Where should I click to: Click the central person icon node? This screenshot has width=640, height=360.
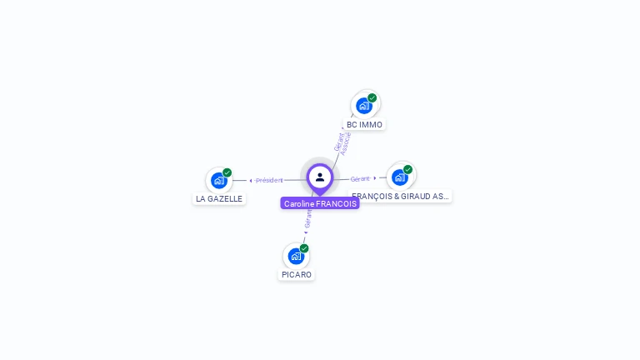click(320, 177)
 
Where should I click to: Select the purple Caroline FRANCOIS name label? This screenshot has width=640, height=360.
click(320, 203)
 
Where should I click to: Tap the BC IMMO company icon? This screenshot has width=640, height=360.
click(363, 106)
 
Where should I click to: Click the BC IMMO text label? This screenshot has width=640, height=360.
click(364, 125)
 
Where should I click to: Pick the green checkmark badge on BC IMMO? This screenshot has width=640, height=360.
click(372, 97)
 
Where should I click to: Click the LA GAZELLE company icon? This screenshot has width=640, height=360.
click(218, 180)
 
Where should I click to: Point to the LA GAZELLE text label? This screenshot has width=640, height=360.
click(219, 199)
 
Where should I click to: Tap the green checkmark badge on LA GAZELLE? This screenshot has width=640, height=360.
click(227, 172)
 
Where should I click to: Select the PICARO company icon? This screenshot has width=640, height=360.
click(296, 256)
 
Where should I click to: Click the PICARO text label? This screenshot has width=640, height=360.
click(297, 275)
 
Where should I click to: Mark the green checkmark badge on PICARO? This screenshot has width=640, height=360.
click(304, 248)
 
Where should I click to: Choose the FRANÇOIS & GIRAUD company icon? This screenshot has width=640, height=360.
click(400, 177)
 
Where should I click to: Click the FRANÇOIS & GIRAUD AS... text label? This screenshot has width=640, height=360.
click(401, 197)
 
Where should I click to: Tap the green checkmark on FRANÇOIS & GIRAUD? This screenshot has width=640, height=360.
click(408, 169)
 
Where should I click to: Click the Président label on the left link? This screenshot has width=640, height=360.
click(270, 180)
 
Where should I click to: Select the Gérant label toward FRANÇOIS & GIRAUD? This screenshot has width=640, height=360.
click(360, 178)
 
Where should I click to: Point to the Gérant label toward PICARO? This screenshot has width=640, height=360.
click(308, 218)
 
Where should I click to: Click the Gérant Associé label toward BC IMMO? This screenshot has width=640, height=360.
click(342, 142)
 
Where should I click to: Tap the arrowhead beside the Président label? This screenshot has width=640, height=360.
click(250, 180)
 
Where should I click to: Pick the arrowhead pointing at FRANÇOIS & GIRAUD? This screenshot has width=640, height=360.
click(375, 177)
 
